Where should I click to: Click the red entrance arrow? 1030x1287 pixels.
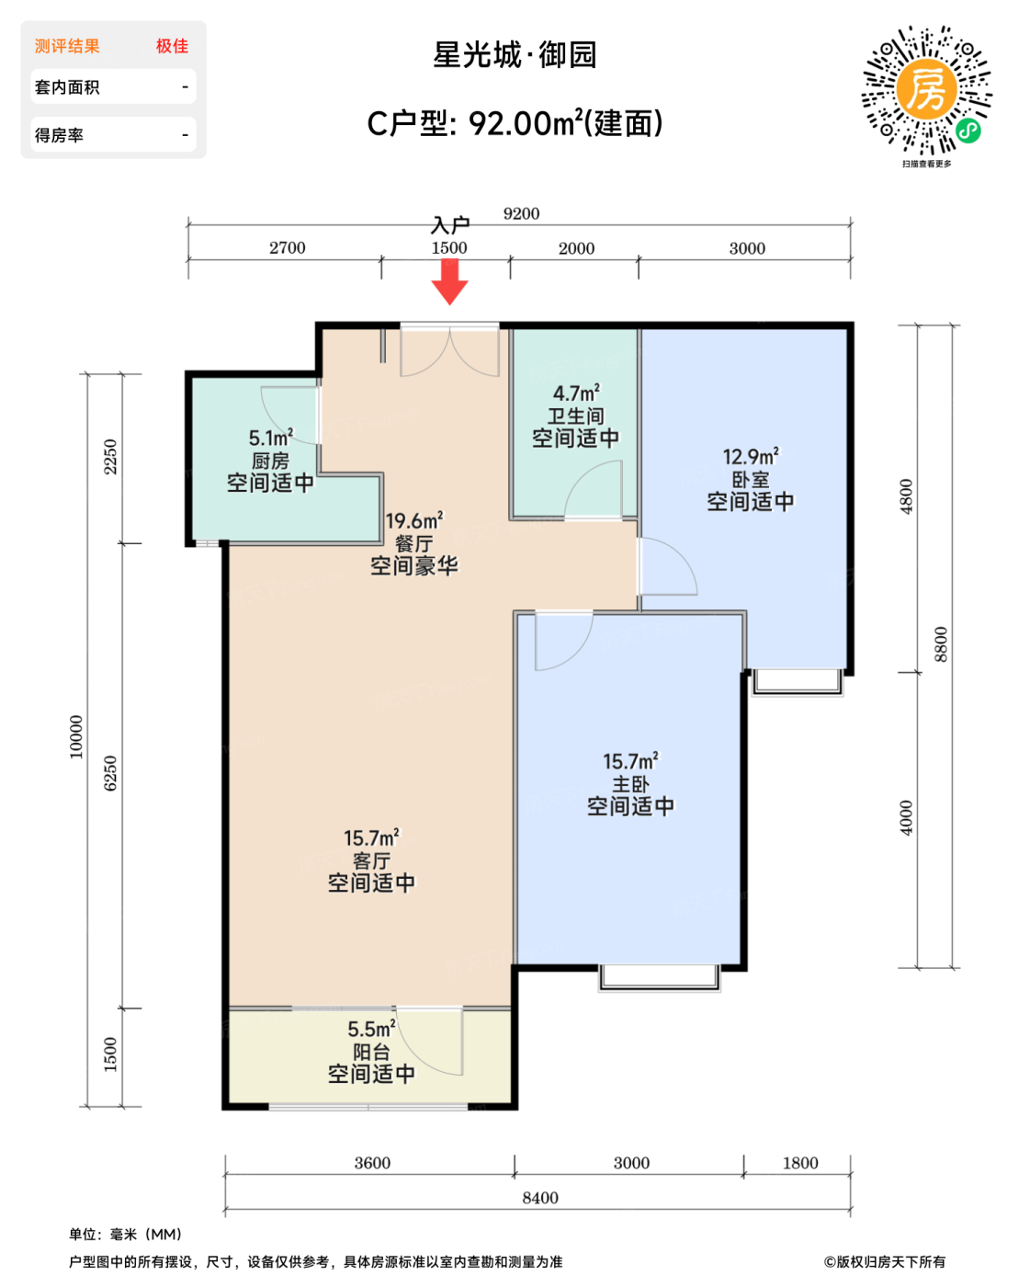[449, 281]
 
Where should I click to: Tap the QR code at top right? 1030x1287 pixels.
[926, 90]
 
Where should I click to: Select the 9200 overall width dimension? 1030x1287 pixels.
[521, 213]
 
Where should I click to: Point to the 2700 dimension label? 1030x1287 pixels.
[287, 247]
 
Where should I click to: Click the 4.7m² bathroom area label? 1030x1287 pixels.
[576, 393]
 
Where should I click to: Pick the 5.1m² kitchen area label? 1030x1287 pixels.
[271, 438]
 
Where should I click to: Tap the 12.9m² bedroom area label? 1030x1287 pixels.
[751, 456]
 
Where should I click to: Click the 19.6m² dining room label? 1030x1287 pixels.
[414, 520]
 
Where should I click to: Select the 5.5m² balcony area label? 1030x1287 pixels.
[371, 1030]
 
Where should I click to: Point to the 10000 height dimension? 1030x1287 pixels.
[76, 736]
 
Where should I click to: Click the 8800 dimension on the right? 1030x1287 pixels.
[941, 644]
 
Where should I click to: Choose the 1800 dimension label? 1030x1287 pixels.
[800, 1163]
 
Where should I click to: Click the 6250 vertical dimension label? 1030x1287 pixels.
[110, 773]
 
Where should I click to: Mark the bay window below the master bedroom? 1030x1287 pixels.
[660, 978]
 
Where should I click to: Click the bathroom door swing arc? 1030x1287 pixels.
[580, 478]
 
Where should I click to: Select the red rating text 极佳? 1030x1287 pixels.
[172, 46]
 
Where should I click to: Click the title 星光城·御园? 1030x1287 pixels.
[515, 55]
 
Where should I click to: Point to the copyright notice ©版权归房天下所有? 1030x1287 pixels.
[885, 1262]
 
